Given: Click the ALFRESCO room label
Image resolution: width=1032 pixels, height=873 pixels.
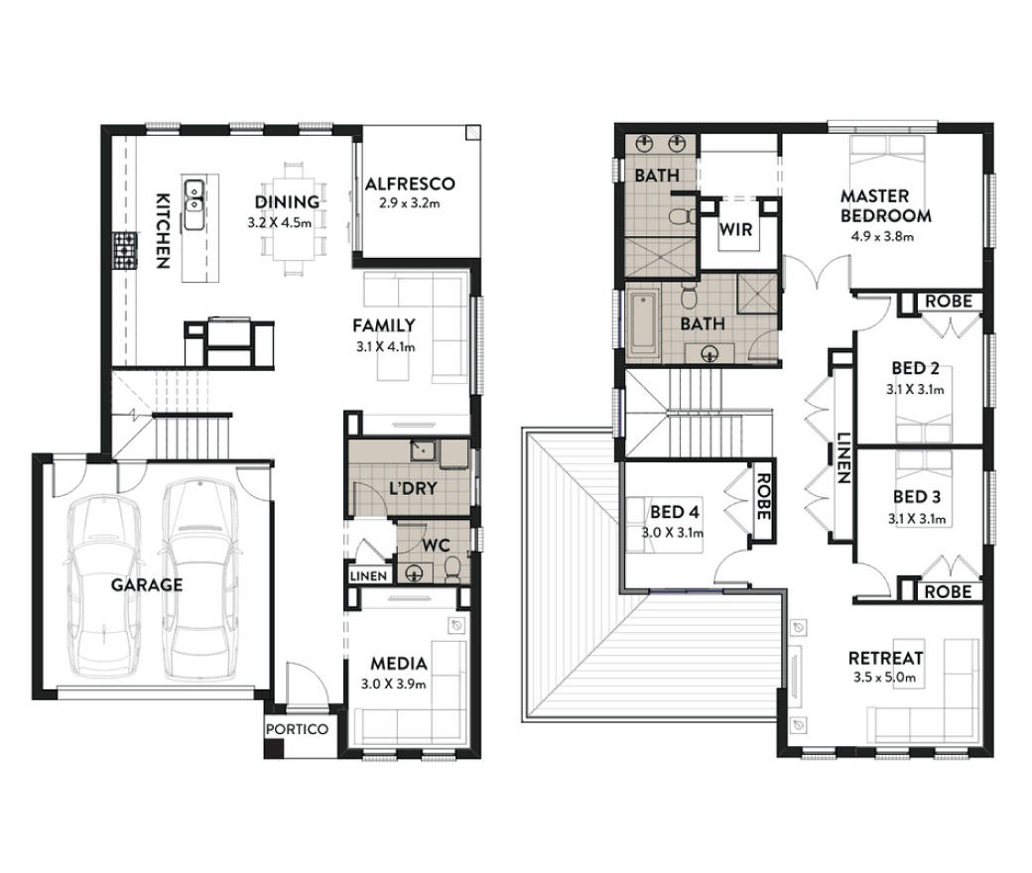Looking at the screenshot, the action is click(410, 184).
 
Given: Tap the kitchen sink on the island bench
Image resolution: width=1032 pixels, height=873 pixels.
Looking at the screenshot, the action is click(193, 204).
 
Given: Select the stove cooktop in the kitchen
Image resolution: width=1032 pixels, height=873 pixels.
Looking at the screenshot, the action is click(124, 250).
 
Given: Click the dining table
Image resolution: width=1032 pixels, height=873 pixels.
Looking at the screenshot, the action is click(294, 218).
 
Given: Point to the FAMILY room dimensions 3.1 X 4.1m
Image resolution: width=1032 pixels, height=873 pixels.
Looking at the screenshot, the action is click(385, 346).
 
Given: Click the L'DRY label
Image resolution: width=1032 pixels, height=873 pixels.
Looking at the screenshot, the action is click(413, 488).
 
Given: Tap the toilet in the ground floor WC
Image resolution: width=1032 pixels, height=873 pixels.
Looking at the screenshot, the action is click(452, 569).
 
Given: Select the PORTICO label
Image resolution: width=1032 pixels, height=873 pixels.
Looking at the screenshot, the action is click(297, 729).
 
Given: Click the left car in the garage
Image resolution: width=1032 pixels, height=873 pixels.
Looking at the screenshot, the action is click(103, 587).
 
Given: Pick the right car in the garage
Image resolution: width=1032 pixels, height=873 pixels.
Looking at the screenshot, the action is click(199, 580).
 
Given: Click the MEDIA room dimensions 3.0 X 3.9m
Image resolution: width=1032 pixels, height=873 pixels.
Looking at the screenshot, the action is click(394, 685).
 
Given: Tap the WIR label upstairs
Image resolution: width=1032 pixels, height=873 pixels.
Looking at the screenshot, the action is click(736, 229).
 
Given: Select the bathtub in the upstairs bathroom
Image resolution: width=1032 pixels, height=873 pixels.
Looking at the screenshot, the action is click(643, 326).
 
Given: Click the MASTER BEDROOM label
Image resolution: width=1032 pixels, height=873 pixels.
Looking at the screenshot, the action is click(885, 206).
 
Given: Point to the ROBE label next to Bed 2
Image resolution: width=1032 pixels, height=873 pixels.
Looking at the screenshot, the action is click(949, 302).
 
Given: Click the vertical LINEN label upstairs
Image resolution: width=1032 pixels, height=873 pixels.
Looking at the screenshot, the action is click(843, 458).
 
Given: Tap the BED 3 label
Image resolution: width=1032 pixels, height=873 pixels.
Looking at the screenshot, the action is click(917, 497).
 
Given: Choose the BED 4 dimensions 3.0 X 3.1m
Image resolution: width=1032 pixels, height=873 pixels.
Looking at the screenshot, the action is click(673, 532).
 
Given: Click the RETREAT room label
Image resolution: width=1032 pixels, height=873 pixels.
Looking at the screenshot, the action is click(885, 658).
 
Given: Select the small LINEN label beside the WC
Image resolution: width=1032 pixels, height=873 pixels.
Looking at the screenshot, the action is click(368, 576).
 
